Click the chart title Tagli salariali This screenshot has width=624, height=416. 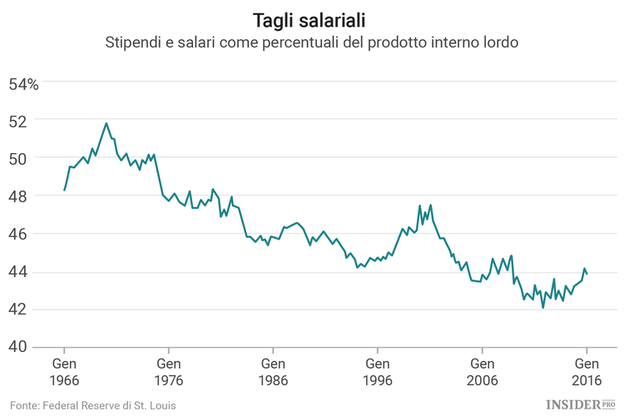coord(311,18)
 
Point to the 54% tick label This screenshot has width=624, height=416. coord(23,83)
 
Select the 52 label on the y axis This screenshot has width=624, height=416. coord(19,121)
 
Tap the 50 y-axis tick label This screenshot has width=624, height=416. coord(19,158)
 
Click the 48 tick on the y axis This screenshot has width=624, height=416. coord(19,196)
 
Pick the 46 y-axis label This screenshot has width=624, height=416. coord(19,234)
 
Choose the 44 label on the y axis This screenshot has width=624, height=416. coord(19,272)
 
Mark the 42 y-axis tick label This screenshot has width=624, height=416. coord(19,310)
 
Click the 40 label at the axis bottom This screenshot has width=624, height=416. coord(19,347)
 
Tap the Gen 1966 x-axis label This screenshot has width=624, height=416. coord(64,371)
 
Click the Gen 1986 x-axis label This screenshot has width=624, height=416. coord(273,371)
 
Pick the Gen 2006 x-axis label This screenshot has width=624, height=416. coord(482,371)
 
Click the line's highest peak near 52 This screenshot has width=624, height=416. coord(106,123)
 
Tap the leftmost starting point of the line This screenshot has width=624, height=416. coord(64,191)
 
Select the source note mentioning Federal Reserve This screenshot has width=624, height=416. coord(93,404)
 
